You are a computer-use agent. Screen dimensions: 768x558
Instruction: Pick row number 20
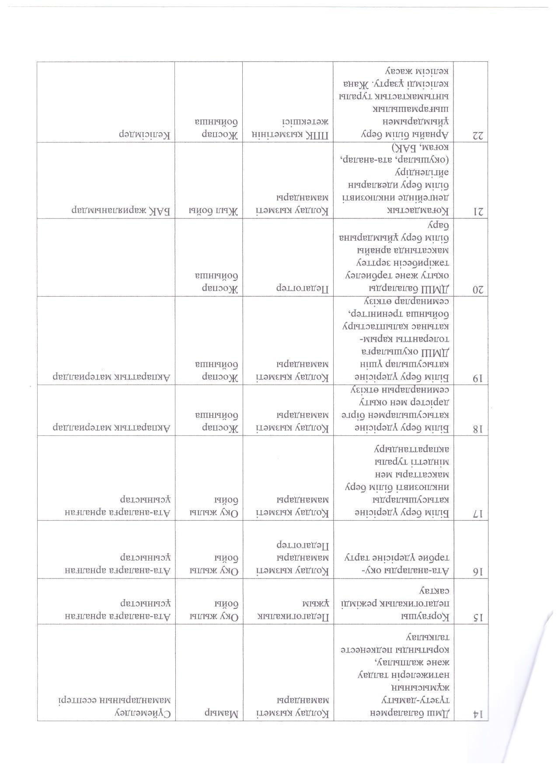[x=479, y=289]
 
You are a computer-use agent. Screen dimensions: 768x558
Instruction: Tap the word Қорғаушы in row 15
[x=430, y=617]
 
